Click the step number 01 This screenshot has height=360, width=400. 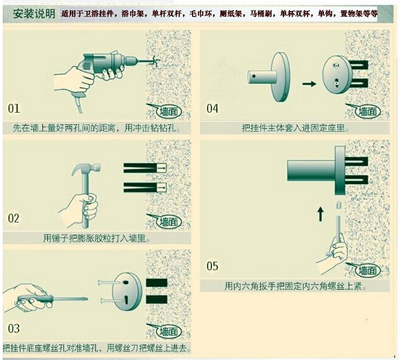click(x=14, y=109)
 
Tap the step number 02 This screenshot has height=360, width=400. click(x=14, y=219)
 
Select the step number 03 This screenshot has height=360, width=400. click(x=14, y=328)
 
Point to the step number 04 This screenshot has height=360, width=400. click(x=212, y=109)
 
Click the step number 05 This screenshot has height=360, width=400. click(x=212, y=266)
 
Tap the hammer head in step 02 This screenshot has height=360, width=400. click(x=85, y=169)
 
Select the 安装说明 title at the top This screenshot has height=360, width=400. click(x=34, y=13)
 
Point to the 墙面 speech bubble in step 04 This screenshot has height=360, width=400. click(x=367, y=111)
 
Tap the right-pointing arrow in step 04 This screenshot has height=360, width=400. click(x=309, y=83)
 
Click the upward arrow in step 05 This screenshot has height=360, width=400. click(x=321, y=214)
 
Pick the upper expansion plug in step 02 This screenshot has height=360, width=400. click(x=145, y=168)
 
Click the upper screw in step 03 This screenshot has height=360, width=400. click(x=109, y=282)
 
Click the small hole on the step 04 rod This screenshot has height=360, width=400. click(x=254, y=76)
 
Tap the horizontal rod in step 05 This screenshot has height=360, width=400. click(x=311, y=171)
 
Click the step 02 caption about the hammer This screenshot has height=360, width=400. click(x=97, y=238)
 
